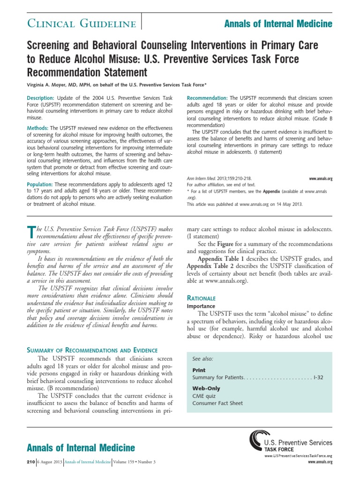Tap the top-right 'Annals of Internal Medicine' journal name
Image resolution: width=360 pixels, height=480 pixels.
point(278,23)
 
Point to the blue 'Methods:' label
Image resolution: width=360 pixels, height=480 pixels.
point(38,127)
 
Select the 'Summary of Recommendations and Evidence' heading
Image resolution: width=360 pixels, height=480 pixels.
point(92,350)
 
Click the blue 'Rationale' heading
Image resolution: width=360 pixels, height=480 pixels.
point(201,298)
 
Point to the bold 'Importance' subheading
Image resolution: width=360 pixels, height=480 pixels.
point(202,306)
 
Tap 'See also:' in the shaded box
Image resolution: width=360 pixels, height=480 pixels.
point(203,359)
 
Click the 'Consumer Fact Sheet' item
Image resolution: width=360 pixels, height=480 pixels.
point(217,403)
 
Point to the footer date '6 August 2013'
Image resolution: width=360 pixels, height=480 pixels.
point(50,462)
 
